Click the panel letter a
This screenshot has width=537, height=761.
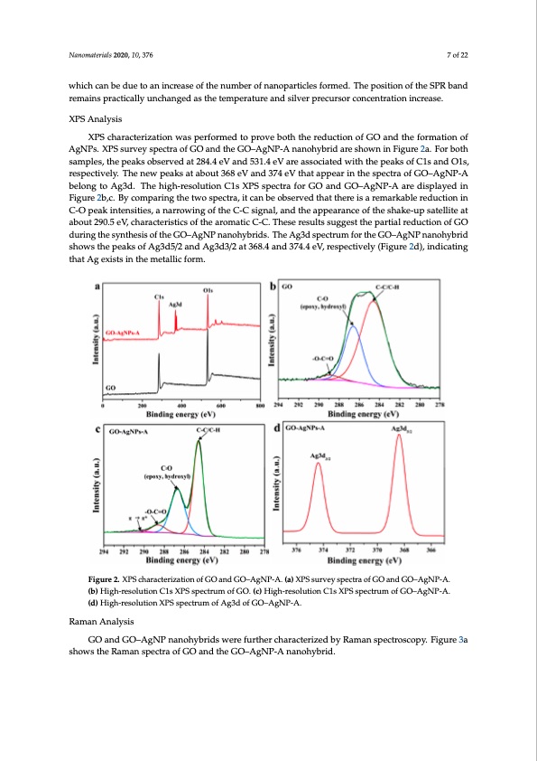click(97, 287)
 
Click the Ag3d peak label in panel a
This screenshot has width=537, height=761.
click(177, 305)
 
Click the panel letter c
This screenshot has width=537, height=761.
click(97, 431)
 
